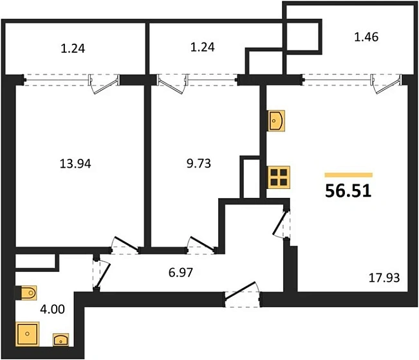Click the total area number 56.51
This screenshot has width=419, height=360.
point(348,191)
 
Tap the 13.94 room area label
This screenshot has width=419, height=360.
point(75,164)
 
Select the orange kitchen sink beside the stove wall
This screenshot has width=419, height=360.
point(277,120)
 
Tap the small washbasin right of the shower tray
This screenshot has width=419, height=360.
point(61,339)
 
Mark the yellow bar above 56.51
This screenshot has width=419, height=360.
point(348,174)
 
